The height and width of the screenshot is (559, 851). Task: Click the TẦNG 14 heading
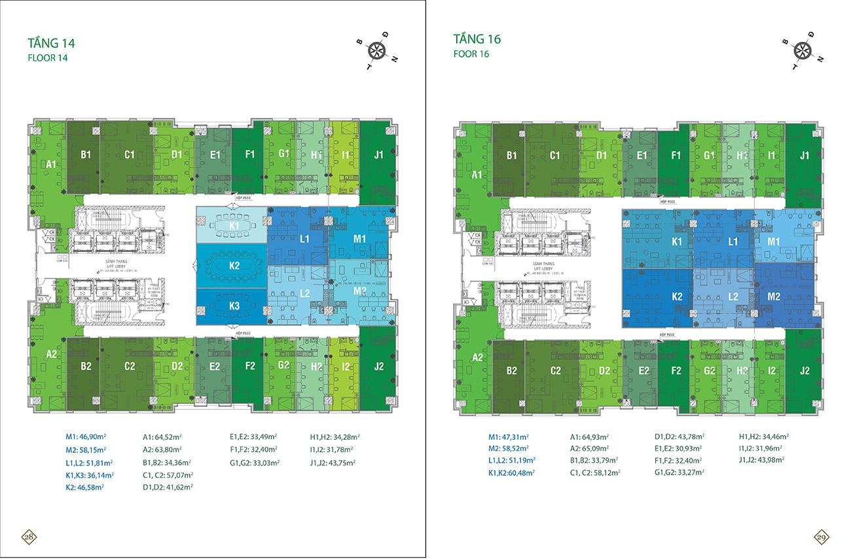pyautogui.click(x=51, y=44)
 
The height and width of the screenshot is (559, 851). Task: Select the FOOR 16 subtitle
pyautogui.click(x=471, y=54)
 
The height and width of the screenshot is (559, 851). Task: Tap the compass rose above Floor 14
pyautogui.click(x=376, y=49)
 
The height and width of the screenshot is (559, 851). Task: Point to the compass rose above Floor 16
pyautogui.click(x=802, y=50)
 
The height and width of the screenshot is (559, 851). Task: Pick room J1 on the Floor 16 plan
pyautogui.click(x=804, y=156)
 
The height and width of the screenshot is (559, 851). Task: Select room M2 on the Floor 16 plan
pyautogui.click(x=774, y=297)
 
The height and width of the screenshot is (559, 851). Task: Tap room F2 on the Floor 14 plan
pyautogui.click(x=249, y=367)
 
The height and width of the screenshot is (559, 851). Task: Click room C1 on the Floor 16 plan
pyautogui.click(x=554, y=156)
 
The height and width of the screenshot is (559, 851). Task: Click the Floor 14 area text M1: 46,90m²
pyautogui.click(x=86, y=437)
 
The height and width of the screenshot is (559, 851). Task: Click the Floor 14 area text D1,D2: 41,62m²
pyautogui.click(x=168, y=487)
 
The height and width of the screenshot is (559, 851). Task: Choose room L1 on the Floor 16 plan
pyautogui.click(x=733, y=242)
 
